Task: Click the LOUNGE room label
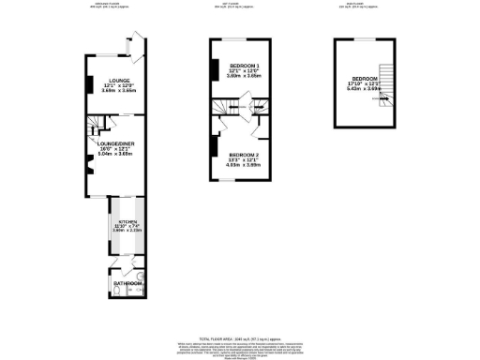[118, 81]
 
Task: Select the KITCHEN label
[127, 221]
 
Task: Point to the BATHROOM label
[127, 283]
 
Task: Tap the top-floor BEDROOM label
[364, 79]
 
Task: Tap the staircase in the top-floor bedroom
[382, 94]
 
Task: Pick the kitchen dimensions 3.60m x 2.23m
[127, 231]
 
